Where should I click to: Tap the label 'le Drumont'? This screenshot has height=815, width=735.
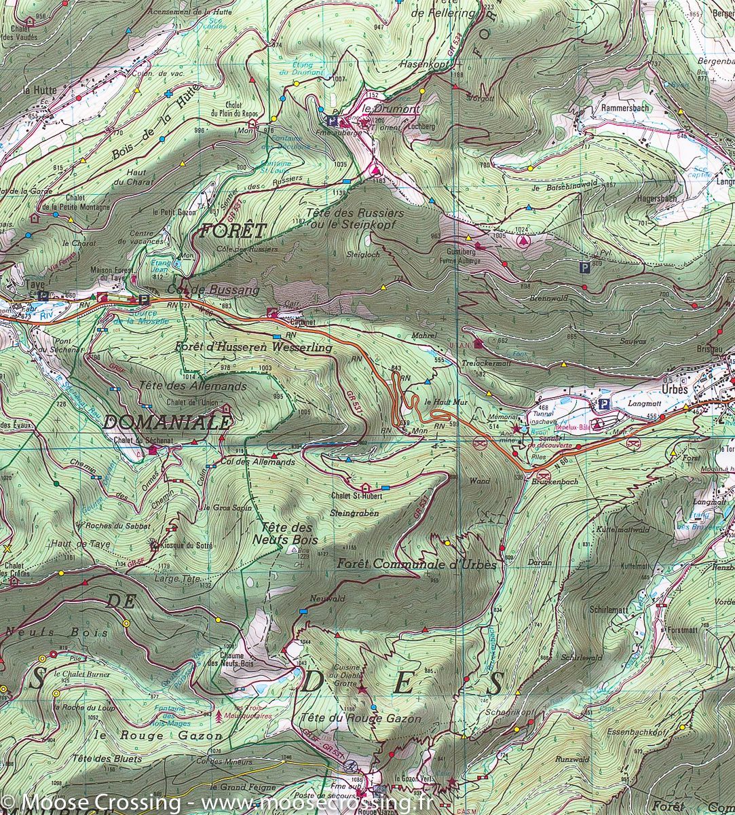click(382, 109)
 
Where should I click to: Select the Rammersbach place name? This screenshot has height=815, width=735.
click(625, 108)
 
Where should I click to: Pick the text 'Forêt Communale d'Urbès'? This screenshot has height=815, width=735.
click(417, 564)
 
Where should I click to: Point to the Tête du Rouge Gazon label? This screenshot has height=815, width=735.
click(359, 719)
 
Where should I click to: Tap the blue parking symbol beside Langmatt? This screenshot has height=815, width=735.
click(602, 405)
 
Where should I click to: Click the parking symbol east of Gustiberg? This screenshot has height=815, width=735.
click(584, 268)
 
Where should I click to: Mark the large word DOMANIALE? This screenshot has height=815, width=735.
click(167, 422)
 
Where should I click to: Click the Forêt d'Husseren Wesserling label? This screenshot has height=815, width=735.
click(253, 348)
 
